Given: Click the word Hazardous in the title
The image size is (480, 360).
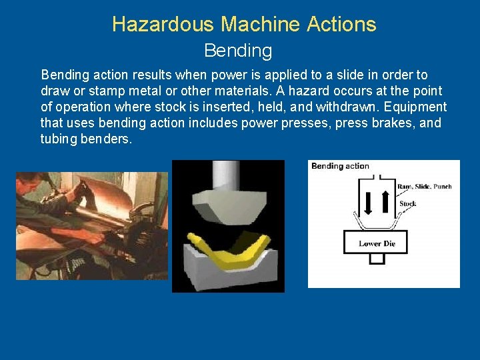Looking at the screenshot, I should coord(163,25).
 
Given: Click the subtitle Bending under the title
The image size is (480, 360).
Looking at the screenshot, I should coord(238,51).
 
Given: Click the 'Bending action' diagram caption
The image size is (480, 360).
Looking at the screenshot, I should coord(340,166).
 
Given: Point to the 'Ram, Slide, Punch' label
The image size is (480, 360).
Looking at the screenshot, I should coord(424,187).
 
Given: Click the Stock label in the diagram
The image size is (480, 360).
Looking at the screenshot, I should coord(407,203).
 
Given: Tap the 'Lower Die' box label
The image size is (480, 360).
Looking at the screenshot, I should coord(377,243).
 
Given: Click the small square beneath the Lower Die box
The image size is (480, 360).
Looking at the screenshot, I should coord(377,259).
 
